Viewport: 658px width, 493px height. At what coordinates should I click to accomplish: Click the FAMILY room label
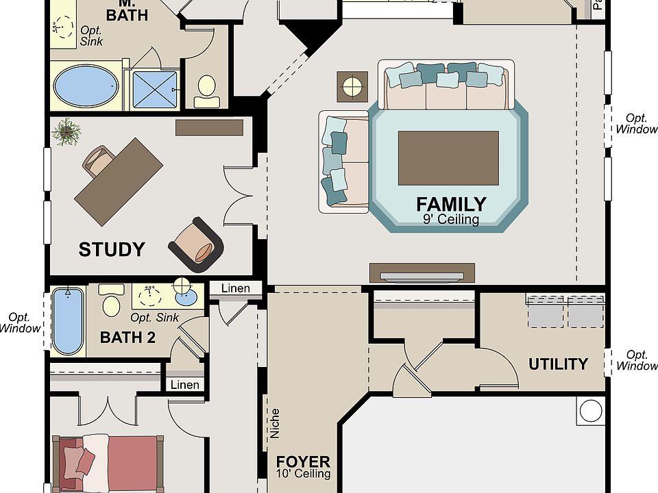click(x=451, y=203)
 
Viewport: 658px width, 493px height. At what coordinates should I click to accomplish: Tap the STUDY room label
click(x=112, y=249)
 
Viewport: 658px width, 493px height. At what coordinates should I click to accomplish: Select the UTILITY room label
click(x=558, y=364)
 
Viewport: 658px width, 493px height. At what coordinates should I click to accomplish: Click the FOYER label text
click(x=303, y=462)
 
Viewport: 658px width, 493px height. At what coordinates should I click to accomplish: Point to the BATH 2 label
click(x=127, y=337)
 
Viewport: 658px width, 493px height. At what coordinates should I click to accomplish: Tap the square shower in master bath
click(x=155, y=88)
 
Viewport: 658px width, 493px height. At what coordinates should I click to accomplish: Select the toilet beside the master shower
click(x=206, y=91)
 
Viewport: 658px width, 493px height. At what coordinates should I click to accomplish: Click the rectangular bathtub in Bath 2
click(x=68, y=320)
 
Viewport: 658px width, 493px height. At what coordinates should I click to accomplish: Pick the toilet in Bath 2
click(x=112, y=301)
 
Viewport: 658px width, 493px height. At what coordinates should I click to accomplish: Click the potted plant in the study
click(x=67, y=131)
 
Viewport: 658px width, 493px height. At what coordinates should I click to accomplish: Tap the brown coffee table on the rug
click(x=448, y=158)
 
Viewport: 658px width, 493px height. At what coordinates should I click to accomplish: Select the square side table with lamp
click(x=352, y=86)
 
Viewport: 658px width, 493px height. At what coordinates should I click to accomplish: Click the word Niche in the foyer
click(x=275, y=423)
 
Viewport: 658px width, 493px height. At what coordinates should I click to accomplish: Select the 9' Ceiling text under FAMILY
click(x=450, y=220)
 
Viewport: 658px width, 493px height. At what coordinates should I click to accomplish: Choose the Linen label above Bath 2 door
click(x=235, y=288)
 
